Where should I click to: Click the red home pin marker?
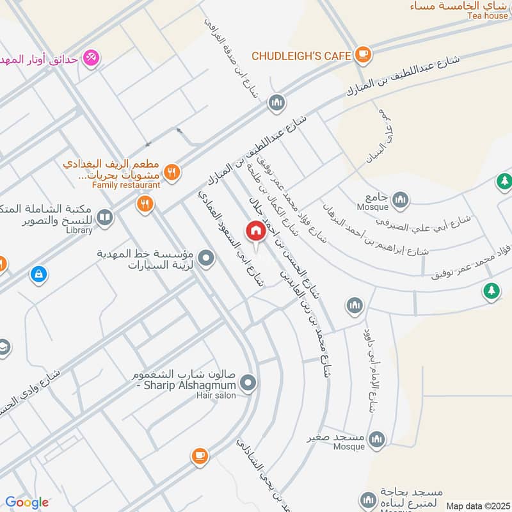[x=255, y=231]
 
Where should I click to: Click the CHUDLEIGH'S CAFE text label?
[x=301, y=56]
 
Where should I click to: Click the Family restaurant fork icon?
[x=171, y=171]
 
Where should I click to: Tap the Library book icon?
[x=105, y=219]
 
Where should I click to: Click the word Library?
[x=79, y=230]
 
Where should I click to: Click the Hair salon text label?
[x=216, y=396]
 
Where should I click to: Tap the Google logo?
[x=27, y=502]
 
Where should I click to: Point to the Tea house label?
[x=487, y=16]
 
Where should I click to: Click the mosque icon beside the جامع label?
[x=401, y=199]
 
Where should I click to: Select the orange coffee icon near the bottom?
[x=200, y=456]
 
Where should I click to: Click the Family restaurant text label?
[x=125, y=185]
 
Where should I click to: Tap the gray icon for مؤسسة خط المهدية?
[x=206, y=259]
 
